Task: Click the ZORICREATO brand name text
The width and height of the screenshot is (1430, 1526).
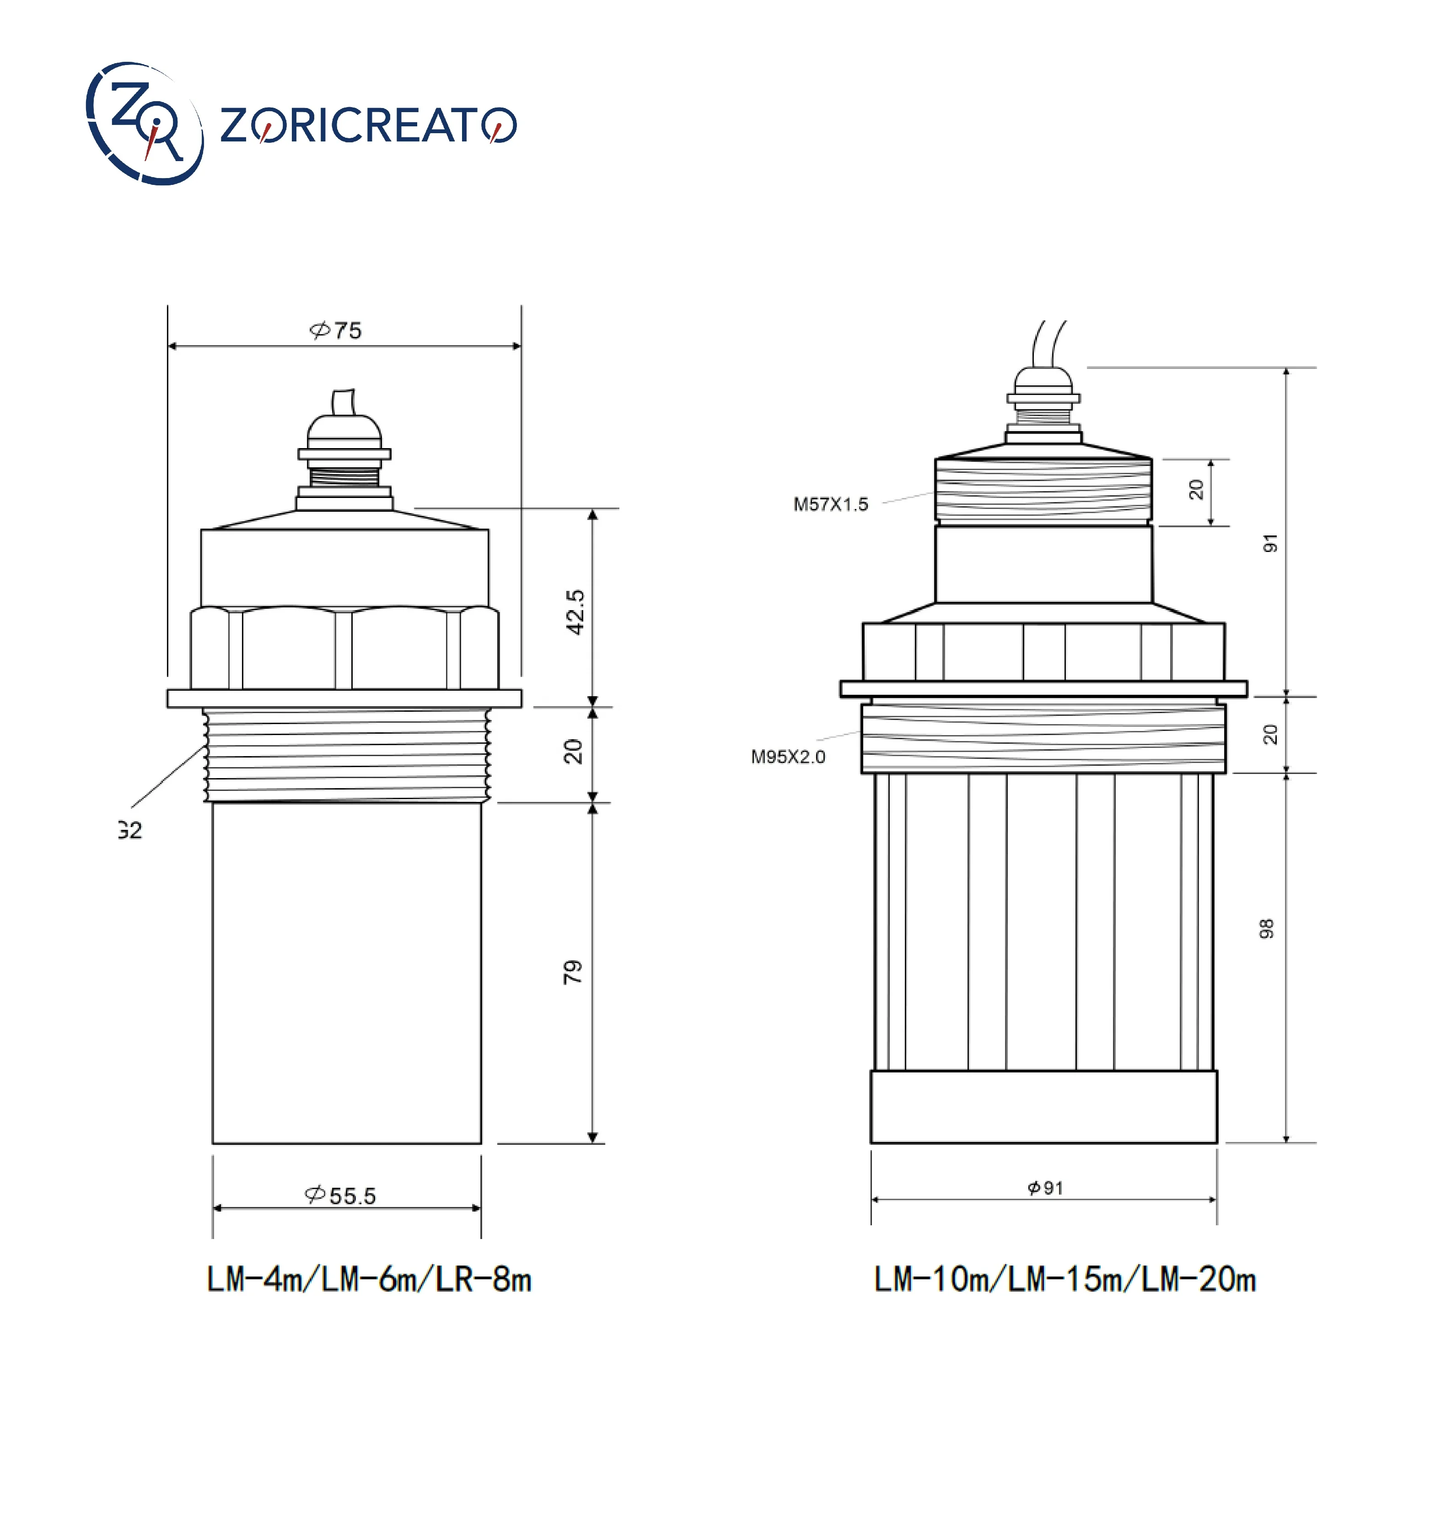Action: pos(368,125)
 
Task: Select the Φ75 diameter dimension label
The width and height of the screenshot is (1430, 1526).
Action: pos(335,330)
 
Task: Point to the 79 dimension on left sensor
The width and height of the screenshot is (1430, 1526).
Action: pos(572,972)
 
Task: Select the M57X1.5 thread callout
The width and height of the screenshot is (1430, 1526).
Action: pos(831,504)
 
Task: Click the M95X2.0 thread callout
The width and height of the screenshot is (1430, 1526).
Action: pos(788,757)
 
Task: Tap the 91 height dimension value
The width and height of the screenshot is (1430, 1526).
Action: pos(1270,543)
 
